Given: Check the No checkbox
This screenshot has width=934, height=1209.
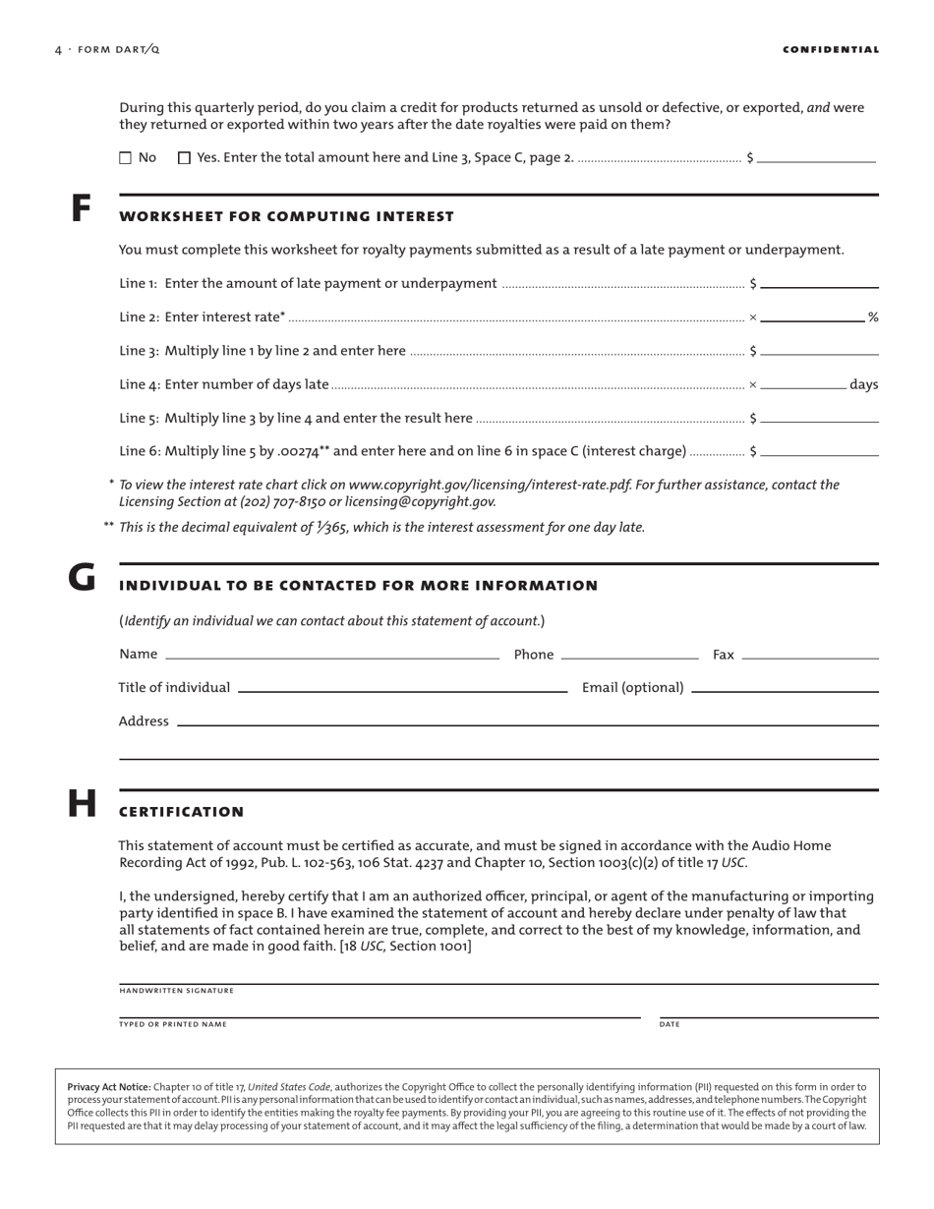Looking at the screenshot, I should point(125,157).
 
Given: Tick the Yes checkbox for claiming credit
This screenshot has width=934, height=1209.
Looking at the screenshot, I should point(184,157).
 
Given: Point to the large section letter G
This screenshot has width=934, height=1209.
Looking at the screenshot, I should point(82,577).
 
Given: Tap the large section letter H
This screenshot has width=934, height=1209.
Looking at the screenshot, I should point(82,804).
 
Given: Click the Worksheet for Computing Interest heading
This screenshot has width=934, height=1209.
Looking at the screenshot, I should point(286,216).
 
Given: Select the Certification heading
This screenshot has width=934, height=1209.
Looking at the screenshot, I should point(181,812).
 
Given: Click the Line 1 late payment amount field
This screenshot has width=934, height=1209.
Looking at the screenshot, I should point(819,282).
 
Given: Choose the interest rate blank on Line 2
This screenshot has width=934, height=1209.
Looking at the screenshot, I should point(812,316).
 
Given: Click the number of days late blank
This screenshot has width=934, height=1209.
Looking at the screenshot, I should point(802,383).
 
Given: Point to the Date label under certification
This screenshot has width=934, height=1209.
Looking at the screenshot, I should point(670,1024).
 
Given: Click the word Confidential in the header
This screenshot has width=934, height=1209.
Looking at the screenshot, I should point(831,49).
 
